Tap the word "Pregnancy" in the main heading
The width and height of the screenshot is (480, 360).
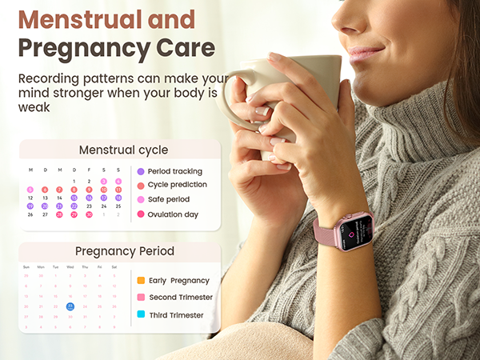click(77, 48)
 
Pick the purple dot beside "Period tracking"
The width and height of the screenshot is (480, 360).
click(141, 171)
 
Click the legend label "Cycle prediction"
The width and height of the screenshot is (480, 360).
click(177, 185)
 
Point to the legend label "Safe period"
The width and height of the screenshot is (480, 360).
click(169, 199)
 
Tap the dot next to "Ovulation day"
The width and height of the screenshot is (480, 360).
click(141, 214)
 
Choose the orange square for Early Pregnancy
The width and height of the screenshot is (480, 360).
click(141, 280)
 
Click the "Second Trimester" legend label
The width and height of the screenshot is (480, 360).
click(181, 298)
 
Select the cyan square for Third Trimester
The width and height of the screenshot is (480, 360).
click(141, 315)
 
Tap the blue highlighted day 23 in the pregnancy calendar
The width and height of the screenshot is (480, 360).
click(70, 306)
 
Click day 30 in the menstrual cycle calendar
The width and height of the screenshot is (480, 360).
click(89, 214)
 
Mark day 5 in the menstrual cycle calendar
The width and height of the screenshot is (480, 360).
click(30, 190)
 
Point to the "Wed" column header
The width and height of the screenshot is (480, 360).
click(70, 267)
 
